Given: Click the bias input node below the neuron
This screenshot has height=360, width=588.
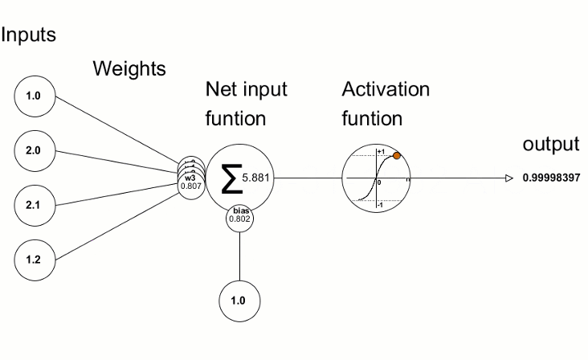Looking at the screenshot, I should [x=239, y=301].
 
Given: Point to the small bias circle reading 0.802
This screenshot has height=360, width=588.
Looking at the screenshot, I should [x=239, y=217].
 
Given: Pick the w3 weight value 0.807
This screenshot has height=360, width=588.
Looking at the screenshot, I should [x=191, y=186].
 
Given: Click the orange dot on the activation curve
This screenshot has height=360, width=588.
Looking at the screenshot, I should [x=397, y=157].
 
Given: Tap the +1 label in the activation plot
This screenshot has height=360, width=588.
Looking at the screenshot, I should [x=381, y=152].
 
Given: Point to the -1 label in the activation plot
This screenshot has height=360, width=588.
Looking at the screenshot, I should [x=381, y=207].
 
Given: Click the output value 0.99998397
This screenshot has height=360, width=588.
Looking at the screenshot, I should [x=550, y=178].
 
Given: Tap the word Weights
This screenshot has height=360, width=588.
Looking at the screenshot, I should [x=129, y=69].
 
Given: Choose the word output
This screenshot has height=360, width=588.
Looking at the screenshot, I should [x=550, y=145].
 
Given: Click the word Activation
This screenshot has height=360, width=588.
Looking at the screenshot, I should [x=386, y=89].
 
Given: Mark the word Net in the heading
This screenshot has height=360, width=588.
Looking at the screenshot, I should [x=221, y=89].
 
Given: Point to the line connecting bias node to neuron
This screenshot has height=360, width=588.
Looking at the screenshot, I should [x=239, y=257].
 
